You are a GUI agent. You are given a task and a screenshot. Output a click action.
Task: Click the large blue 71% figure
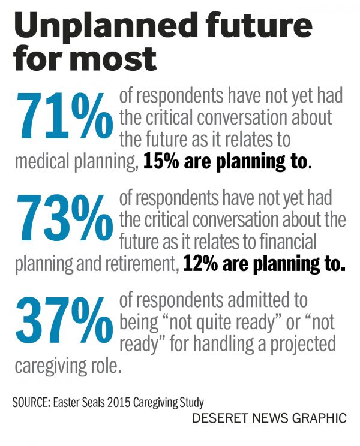click(63, 114)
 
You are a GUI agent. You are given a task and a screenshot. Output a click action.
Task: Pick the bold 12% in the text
click(200, 264)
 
